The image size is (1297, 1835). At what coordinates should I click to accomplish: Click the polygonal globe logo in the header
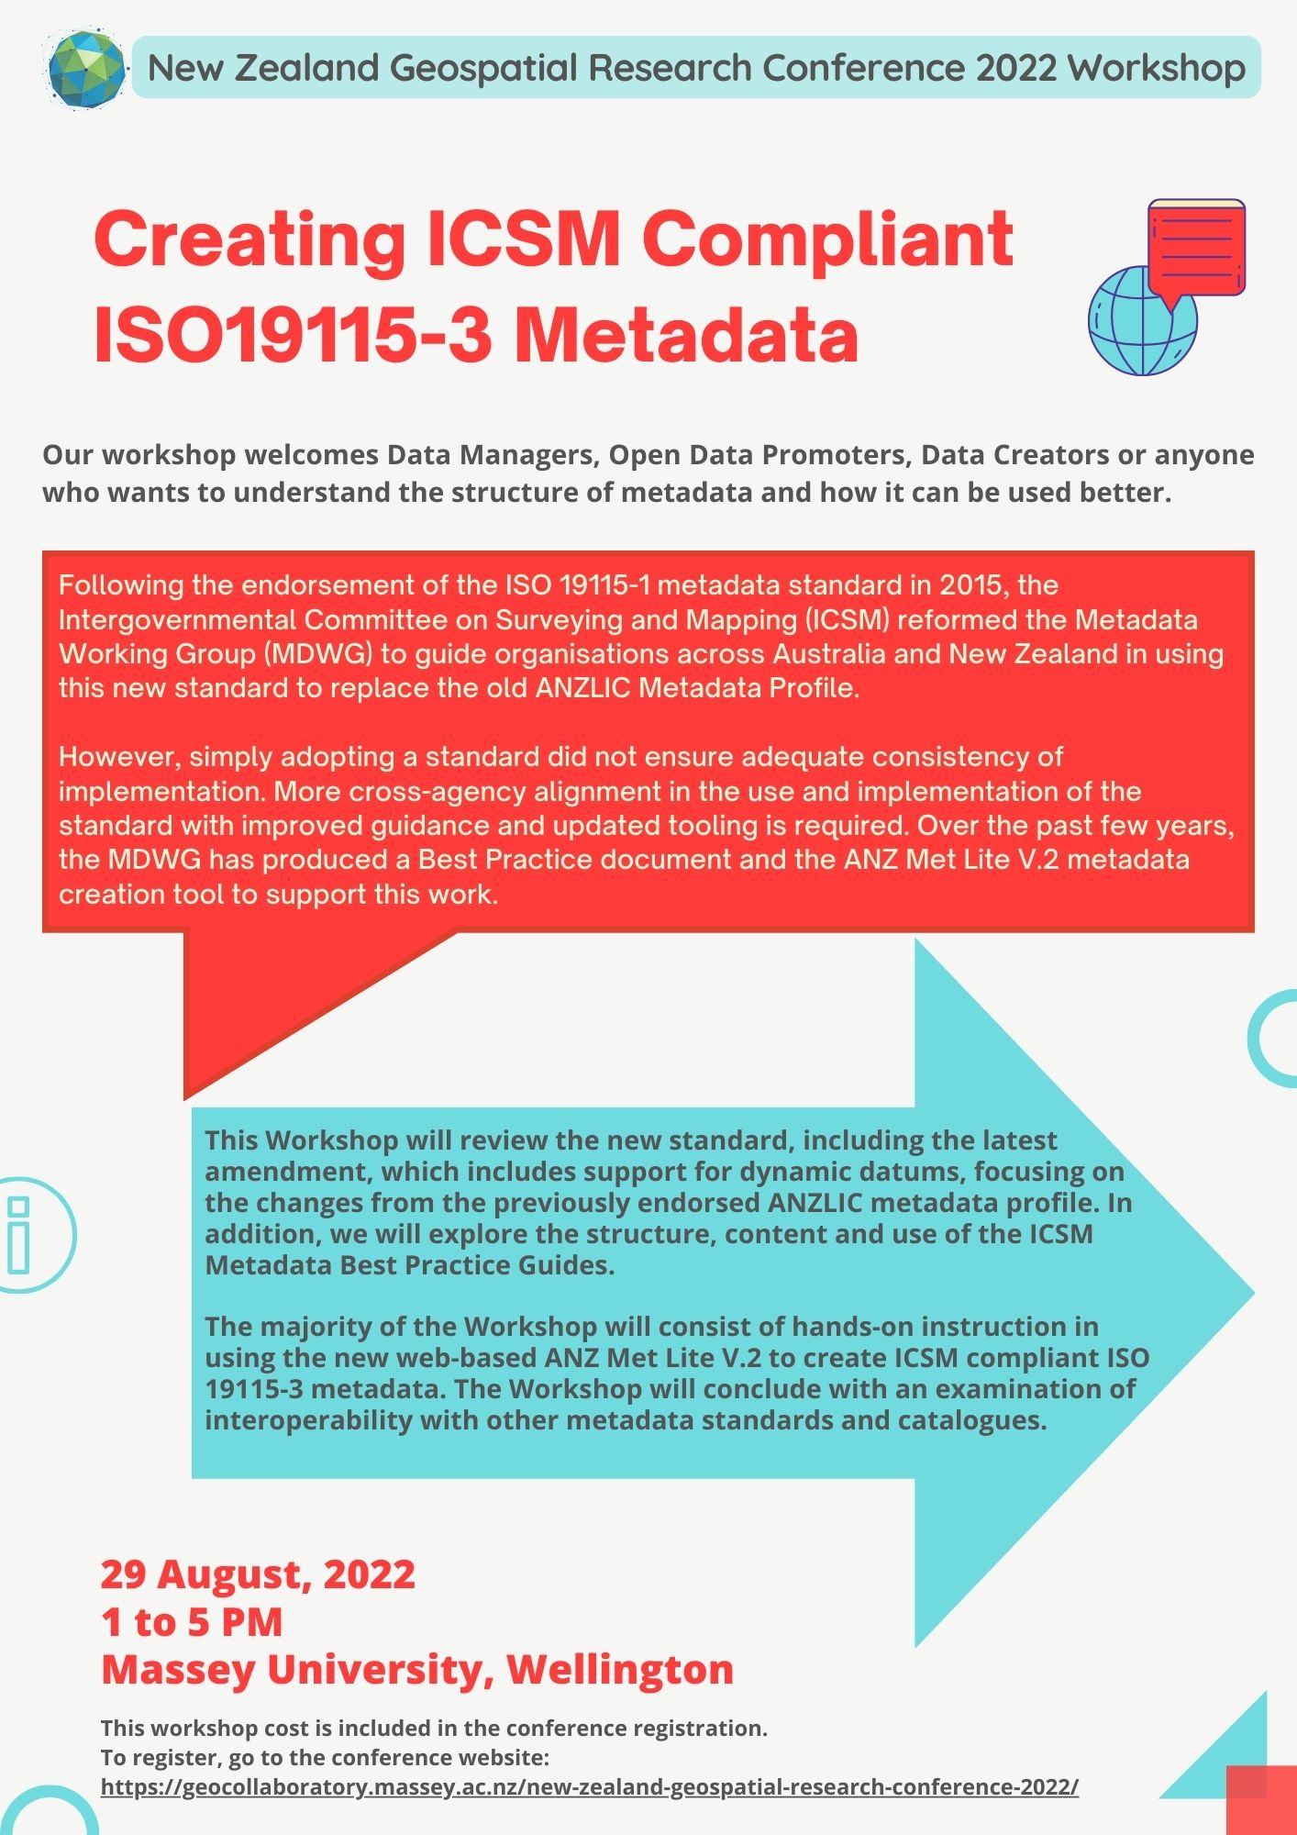tap(84, 68)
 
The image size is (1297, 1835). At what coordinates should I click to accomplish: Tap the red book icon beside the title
tap(1196, 246)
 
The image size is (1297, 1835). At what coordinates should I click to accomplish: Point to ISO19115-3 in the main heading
tap(294, 336)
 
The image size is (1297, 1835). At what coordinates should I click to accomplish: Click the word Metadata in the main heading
tap(686, 336)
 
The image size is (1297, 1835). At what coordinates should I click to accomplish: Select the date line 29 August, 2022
tap(258, 1574)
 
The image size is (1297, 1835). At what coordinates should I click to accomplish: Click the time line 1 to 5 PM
tap(192, 1622)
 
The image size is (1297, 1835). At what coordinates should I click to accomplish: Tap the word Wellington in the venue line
tap(620, 1670)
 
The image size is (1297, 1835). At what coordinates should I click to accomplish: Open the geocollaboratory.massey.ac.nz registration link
tap(589, 1787)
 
